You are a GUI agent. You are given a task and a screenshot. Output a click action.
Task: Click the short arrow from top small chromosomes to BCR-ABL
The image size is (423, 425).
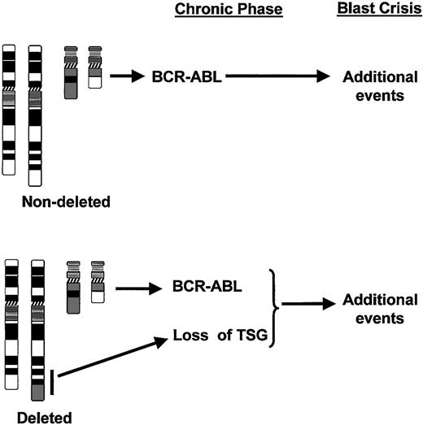coord(131,77)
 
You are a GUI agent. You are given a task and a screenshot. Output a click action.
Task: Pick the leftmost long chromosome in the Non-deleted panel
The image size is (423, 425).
coord(10,110)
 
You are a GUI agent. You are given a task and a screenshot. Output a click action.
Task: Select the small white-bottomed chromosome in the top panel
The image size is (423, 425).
coord(94,73)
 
